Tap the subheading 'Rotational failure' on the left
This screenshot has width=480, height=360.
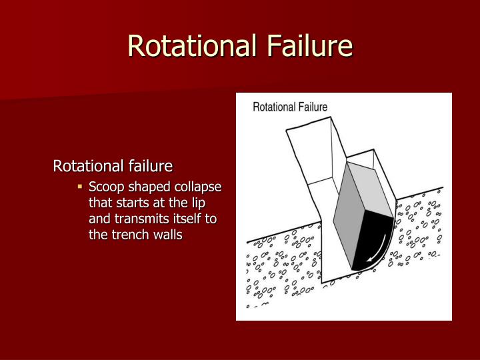tap(113, 165)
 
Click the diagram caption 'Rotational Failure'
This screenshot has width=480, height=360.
tap(290, 107)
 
